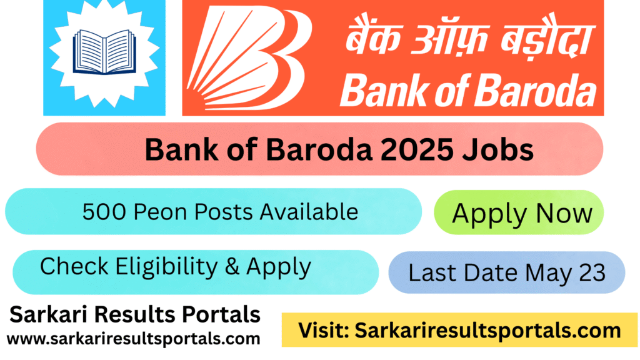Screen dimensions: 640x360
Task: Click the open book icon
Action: pyautogui.click(x=104, y=52)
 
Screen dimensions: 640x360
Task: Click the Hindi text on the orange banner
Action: pyautogui.click(x=470, y=39)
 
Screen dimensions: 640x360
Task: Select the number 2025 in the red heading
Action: pyautogui.click(x=417, y=149)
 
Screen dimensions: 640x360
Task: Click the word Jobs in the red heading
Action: pyautogui.click(x=497, y=149)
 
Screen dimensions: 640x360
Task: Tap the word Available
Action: pyautogui.click(x=309, y=212)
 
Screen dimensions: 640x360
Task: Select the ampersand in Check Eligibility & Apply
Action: pyautogui.click(x=232, y=266)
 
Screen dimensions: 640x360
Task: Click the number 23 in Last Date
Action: pyautogui.click(x=592, y=272)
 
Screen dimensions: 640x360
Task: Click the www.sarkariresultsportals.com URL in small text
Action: pyautogui.click(x=133, y=339)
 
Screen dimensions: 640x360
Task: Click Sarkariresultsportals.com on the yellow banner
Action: pyautogui.click(x=487, y=331)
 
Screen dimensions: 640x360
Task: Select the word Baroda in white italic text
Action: pyautogui.click(x=536, y=91)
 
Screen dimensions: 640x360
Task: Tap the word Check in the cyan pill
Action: pyautogui.click(x=74, y=266)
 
